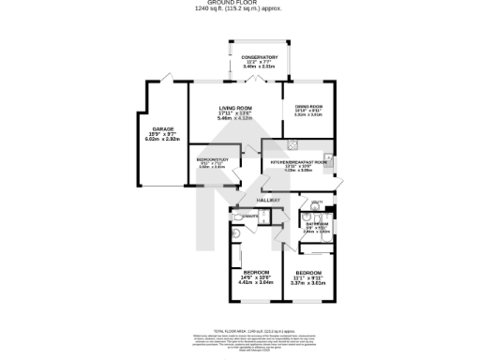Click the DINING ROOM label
pos(308,108)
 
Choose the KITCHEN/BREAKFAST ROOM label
pos(298,163)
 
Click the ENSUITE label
pos(248,217)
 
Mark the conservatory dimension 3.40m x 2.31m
pos(260,67)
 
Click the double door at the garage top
pos(166,76)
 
